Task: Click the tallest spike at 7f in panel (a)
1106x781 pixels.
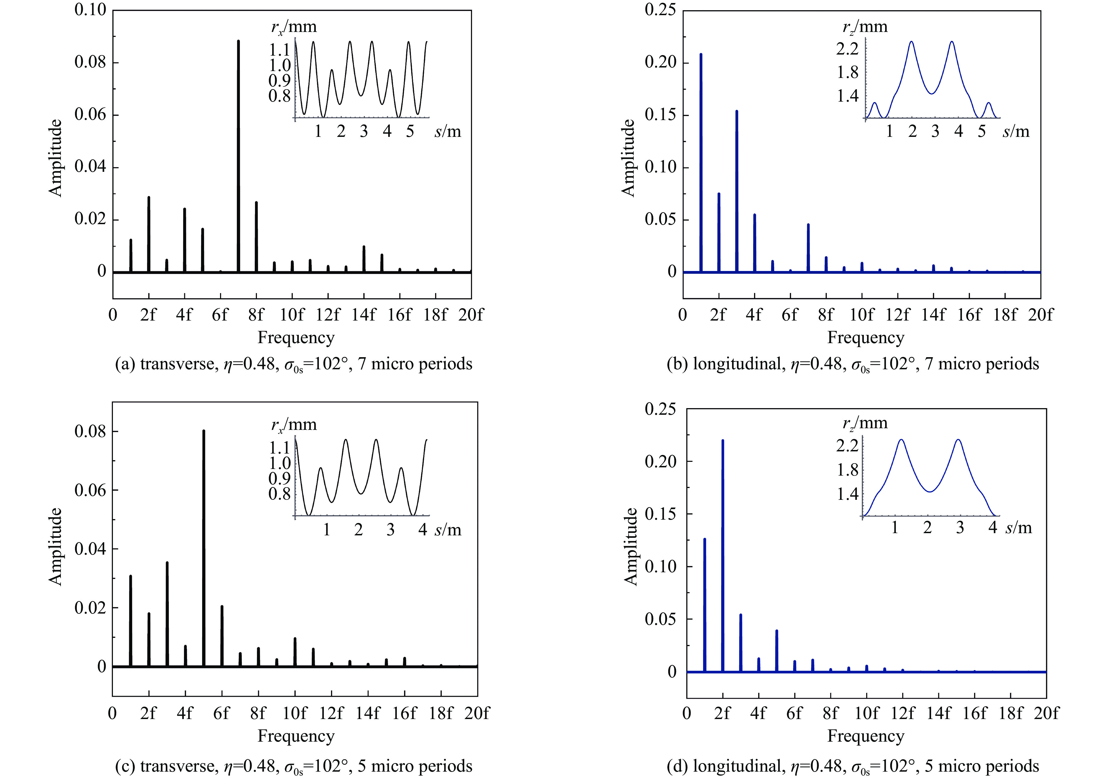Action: click(x=238, y=154)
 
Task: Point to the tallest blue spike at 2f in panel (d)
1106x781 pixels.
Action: click(x=723, y=554)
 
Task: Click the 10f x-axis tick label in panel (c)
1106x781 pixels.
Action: click(x=294, y=713)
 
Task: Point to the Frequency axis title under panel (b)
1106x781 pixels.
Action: click(x=866, y=338)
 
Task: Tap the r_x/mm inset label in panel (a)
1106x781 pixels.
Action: click(x=294, y=26)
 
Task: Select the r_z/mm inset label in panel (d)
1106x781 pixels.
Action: click(x=865, y=423)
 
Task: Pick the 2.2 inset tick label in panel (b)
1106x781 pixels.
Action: click(x=847, y=49)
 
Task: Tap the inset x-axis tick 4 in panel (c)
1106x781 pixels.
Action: click(x=422, y=530)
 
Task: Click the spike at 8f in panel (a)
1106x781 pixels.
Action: click(x=256, y=236)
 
